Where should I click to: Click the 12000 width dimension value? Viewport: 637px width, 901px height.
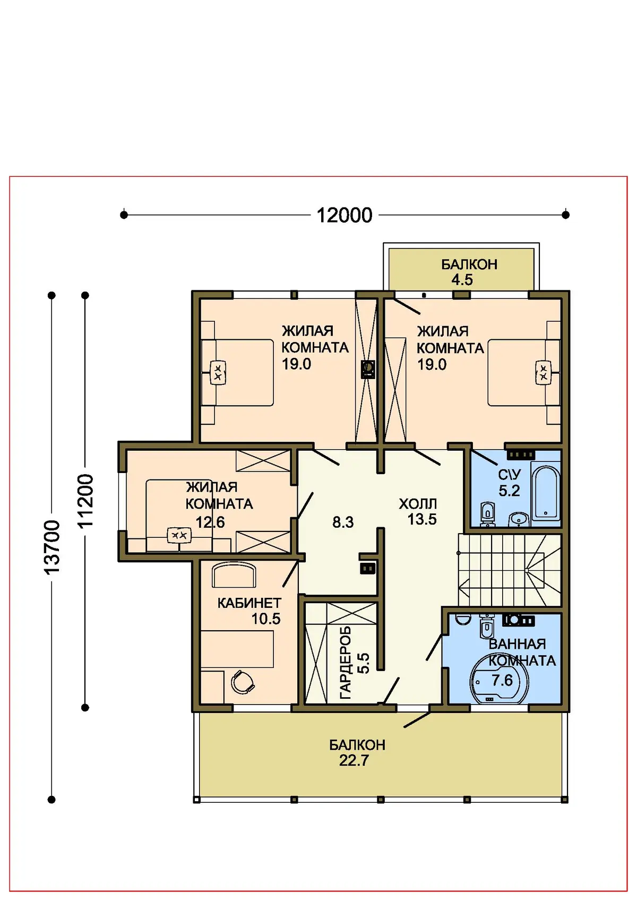click(x=344, y=215)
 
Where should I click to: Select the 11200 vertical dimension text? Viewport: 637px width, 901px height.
click(x=85, y=501)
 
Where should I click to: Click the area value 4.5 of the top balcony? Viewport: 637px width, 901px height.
click(x=462, y=280)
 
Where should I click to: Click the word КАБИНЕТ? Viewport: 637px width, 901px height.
click(x=249, y=603)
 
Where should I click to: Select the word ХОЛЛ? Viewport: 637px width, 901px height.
click(x=417, y=504)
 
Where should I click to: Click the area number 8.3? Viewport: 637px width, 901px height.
click(x=342, y=522)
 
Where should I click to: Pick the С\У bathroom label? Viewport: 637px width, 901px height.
click(x=510, y=475)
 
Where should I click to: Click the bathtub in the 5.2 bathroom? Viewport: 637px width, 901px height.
click(x=546, y=492)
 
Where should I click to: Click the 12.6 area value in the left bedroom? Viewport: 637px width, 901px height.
click(x=210, y=522)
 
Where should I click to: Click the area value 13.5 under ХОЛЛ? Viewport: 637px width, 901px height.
click(x=422, y=519)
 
